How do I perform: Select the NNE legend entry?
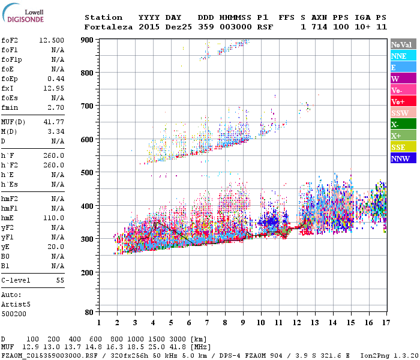(403, 56)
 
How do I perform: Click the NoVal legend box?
(403, 44)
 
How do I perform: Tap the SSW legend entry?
(403, 113)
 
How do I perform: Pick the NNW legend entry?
(403, 158)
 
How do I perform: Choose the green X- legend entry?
(403, 124)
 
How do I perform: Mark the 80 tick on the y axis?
(90, 313)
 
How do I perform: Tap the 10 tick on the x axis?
(260, 323)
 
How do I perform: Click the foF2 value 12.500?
(52, 40)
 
